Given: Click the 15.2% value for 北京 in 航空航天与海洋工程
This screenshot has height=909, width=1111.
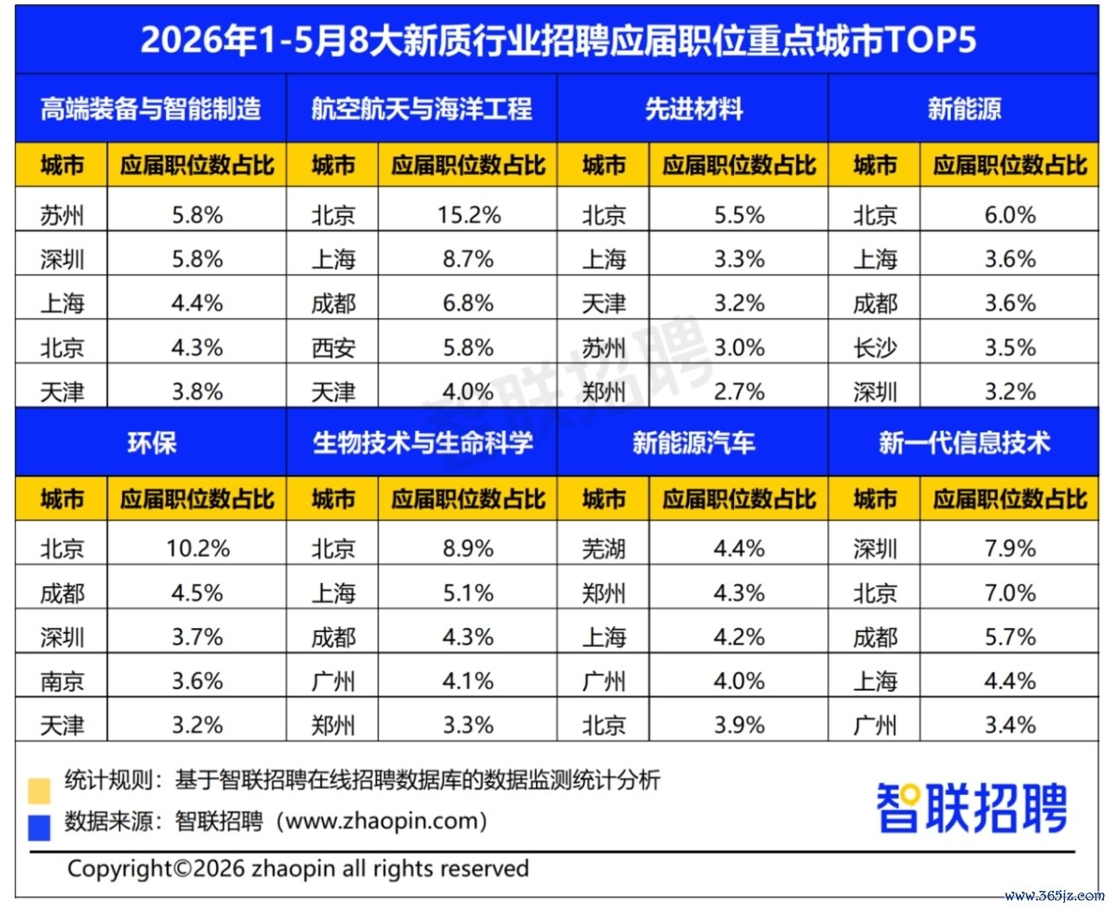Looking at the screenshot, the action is pyautogui.click(x=469, y=214).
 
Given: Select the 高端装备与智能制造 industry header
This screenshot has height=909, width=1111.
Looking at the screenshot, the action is pyautogui.click(x=150, y=109).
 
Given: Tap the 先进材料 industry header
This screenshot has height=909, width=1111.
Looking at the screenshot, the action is pyautogui.click(x=693, y=109).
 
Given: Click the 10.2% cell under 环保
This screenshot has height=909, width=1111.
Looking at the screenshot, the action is pyautogui.click(x=197, y=548).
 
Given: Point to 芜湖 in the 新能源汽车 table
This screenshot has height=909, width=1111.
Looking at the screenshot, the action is pyautogui.click(x=603, y=548).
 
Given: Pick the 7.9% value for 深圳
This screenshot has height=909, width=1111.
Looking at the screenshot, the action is pyautogui.click(x=1011, y=548).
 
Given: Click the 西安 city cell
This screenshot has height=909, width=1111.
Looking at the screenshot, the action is pyautogui.click(x=333, y=348).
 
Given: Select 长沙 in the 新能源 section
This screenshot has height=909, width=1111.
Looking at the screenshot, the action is pyautogui.click(x=875, y=348).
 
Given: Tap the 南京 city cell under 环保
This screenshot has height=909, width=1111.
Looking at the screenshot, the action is pyautogui.click(x=62, y=682).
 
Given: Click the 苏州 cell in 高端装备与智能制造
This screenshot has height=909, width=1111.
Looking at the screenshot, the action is pyautogui.click(x=62, y=215).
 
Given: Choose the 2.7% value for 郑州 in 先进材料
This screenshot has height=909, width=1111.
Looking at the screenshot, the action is pyautogui.click(x=739, y=392).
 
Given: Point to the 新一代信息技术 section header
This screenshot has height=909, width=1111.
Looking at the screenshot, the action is pyautogui.click(x=964, y=442).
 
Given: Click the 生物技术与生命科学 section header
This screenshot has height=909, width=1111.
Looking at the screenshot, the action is pyautogui.click(x=423, y=442).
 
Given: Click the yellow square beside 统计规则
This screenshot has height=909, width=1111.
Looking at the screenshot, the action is pyautogui.click(x=39, y=791).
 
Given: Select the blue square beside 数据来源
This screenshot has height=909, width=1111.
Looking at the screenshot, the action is pyautogui.click(x=39, y=828).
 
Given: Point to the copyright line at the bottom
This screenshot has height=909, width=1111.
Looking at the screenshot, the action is pyautogui.click(x=298, y=868).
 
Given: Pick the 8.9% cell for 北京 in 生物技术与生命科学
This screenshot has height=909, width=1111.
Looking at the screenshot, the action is pyautogui.click(x=468, y=548).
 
